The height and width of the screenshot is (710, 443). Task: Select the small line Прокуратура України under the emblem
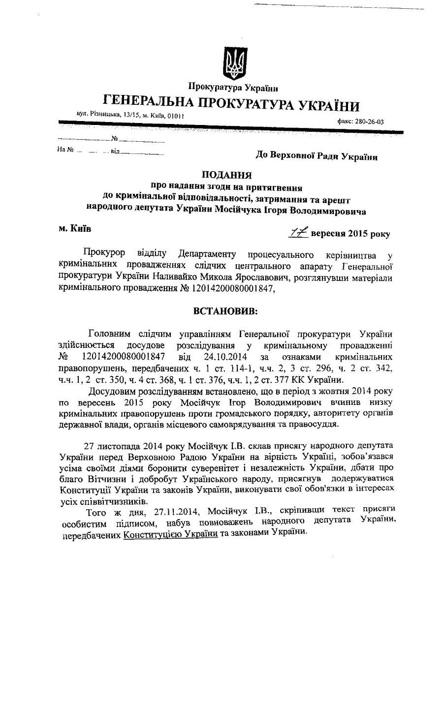coord(233,89)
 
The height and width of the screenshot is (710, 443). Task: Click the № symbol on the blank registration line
coord(114,139)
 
